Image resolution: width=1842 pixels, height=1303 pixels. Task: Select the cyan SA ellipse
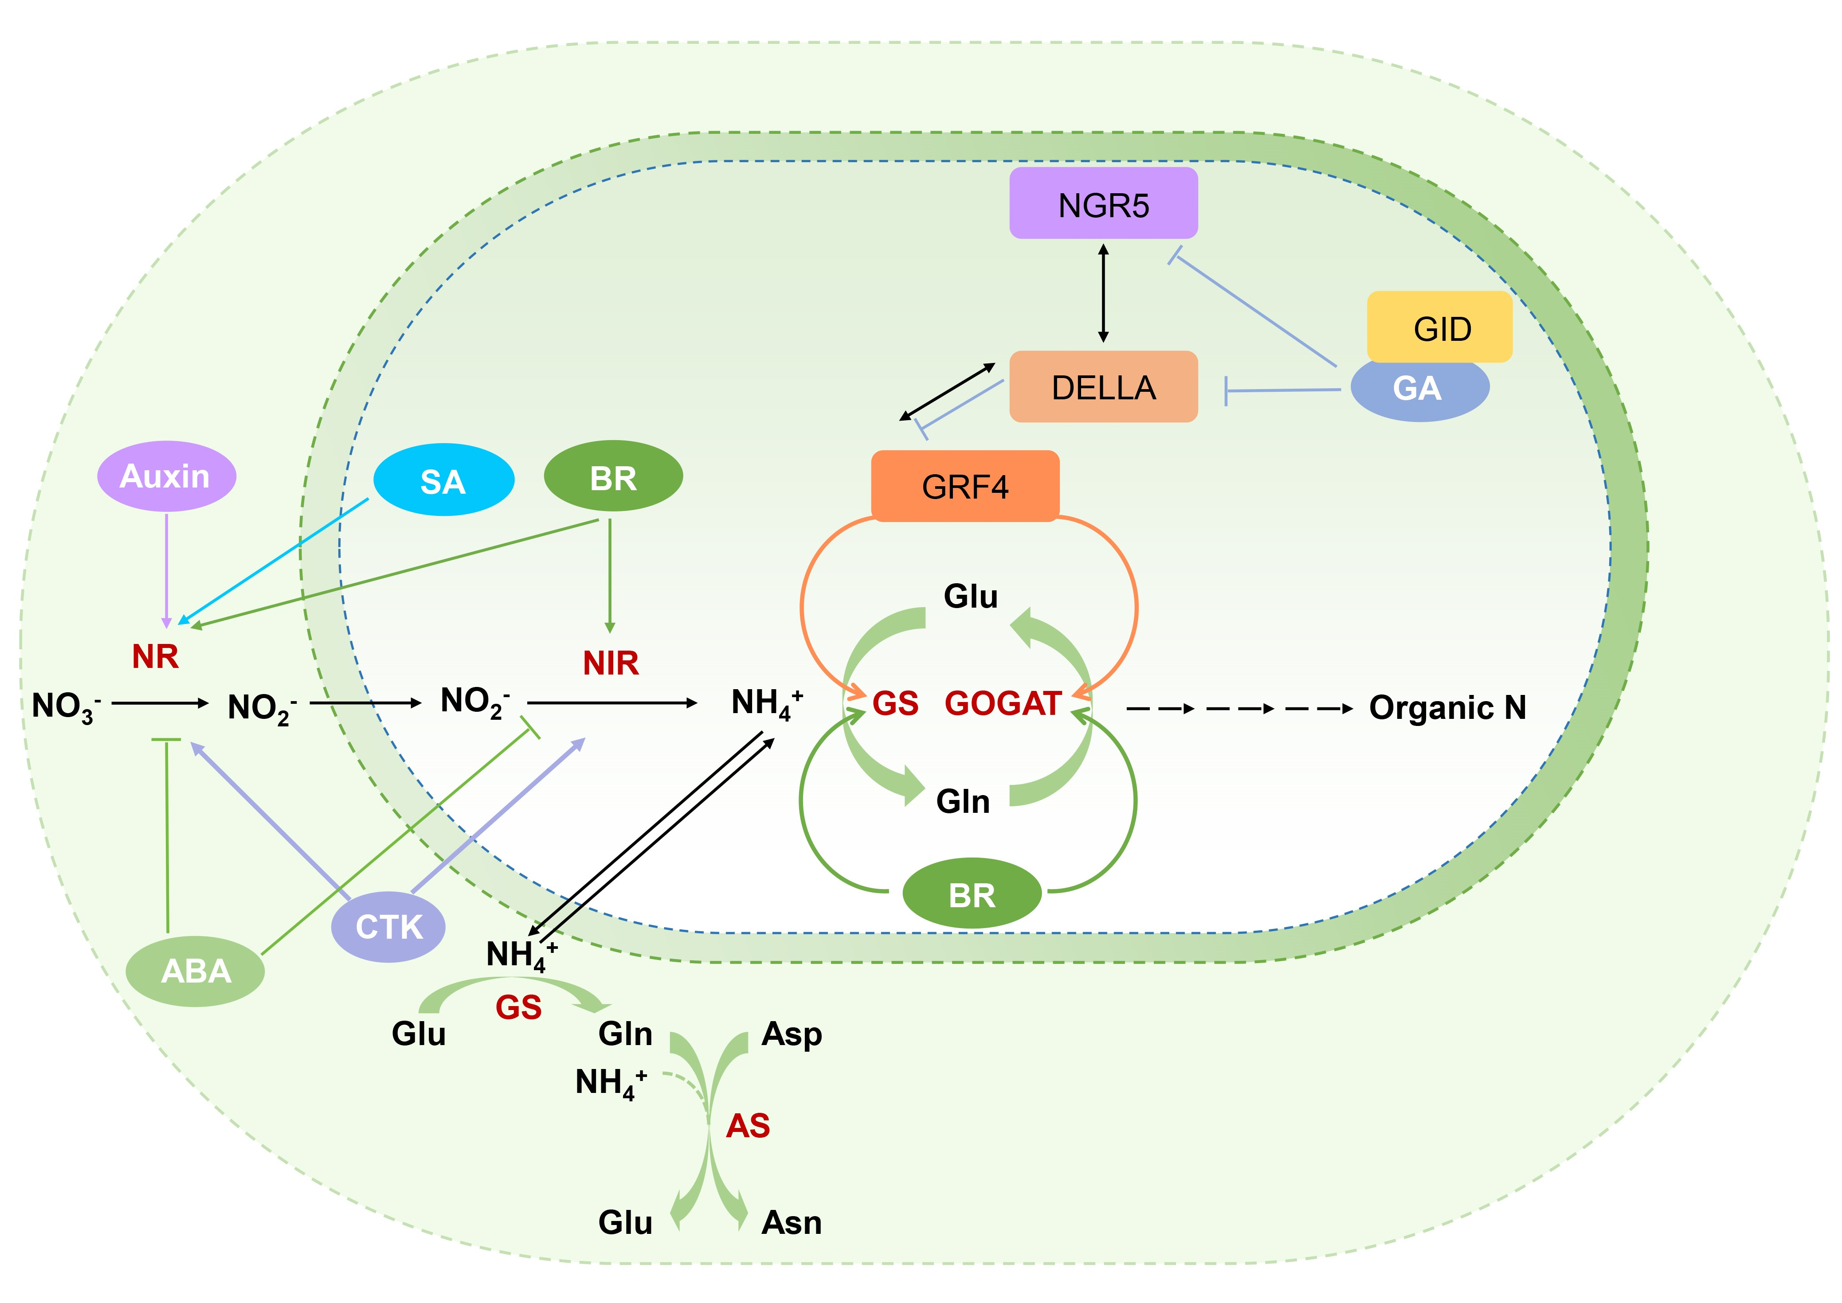[x=443, y=480]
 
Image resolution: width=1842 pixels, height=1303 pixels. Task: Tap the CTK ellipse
[x=388, y=927]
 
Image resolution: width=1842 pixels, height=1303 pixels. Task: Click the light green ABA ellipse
[x=196, y=971]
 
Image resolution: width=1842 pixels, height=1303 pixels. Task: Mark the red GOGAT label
[x=1003, y=704]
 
